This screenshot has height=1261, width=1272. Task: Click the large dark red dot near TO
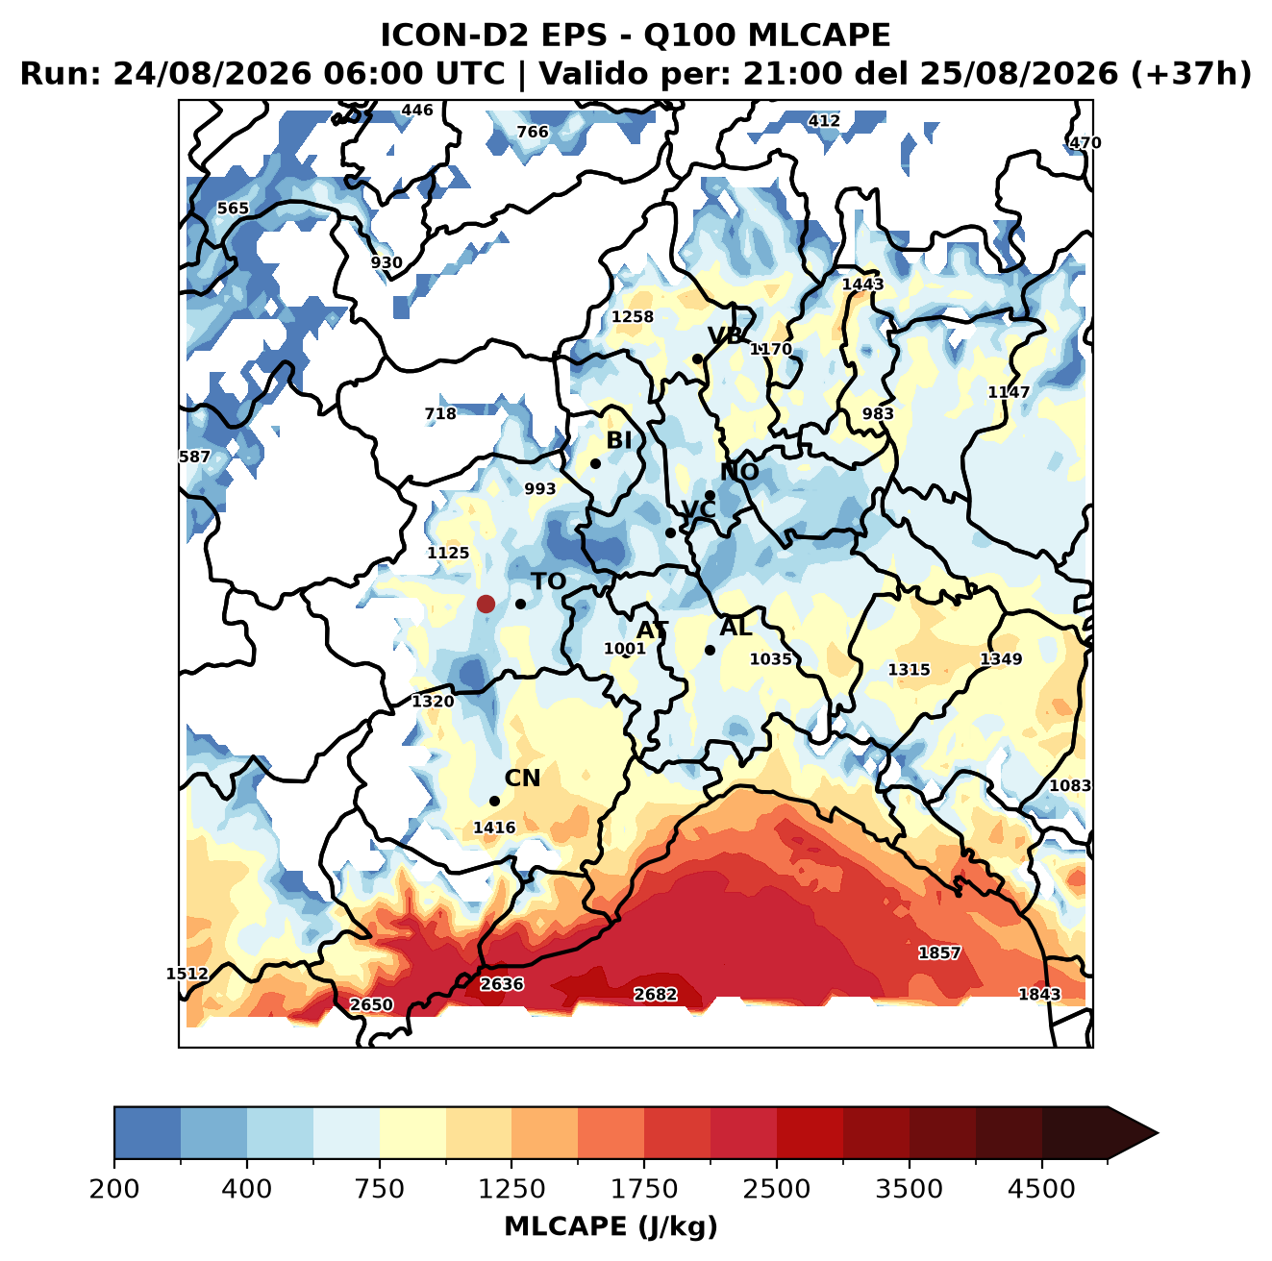coord(486,604)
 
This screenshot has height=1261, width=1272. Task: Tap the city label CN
coord(522,779)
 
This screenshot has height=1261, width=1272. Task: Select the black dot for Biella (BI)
coord(595,464)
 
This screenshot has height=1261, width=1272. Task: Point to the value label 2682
coord(655,995)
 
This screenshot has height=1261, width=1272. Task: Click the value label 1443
coord(862,284)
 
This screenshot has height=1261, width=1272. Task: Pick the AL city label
coord(736,627)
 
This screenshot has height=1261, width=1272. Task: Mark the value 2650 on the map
coord(371,1005)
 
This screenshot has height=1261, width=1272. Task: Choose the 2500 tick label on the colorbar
coord(776,1189)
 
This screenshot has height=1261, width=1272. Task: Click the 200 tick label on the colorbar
coord(114,1189)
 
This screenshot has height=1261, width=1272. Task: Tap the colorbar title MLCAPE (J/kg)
coord(611,1226)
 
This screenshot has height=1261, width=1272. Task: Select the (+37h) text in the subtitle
coord(1191,74)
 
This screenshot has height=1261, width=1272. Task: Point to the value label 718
coord(440,413)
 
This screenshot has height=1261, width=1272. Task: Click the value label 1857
coord(939,952)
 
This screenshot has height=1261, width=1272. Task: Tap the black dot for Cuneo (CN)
coord(494,801)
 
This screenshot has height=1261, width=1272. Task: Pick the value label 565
coord(233,209)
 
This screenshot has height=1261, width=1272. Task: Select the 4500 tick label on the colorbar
coord(1041,1189)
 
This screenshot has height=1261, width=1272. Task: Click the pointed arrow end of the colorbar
coord(1158,1134)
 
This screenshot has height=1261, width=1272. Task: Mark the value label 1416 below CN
coord(494,828)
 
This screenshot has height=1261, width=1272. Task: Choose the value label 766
coord(532,132)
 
